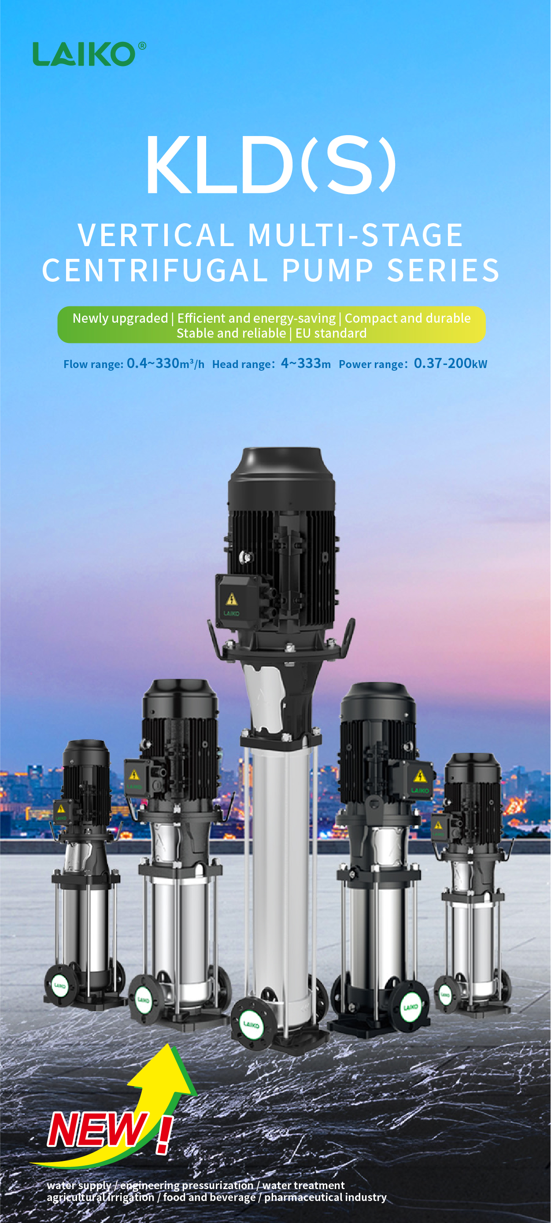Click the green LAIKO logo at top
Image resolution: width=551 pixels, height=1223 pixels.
click(85, 54)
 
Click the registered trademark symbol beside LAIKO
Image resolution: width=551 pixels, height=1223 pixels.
click(141, 46)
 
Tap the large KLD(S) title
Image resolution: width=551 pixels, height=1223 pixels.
click(271, 165)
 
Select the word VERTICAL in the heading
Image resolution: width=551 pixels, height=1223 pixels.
click(156, 236)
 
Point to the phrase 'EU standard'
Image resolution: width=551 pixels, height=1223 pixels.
click(331, 333)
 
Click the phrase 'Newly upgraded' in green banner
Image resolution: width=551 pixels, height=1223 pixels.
click(120, 319)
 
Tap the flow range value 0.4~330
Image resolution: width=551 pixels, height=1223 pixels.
click(152, 364)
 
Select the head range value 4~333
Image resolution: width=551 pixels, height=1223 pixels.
click(301, 364)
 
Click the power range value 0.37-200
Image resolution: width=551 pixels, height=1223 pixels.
click(442, 364)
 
